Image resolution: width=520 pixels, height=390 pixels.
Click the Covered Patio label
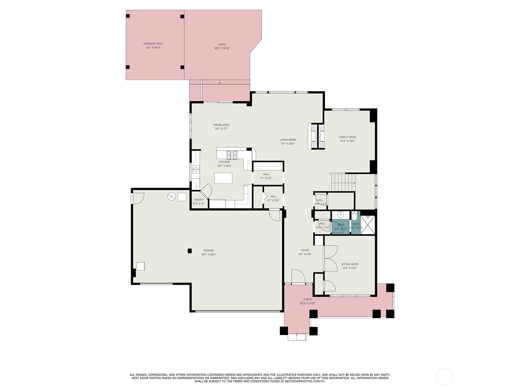click(x=153, y=44)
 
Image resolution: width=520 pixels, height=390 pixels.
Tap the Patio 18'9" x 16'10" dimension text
click(x=222, y=48)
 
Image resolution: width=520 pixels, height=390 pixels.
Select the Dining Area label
click(x=221, y=125)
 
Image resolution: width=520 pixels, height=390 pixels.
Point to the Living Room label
click(x=288, y=140)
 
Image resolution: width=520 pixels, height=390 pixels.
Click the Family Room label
click(x=347, y=137)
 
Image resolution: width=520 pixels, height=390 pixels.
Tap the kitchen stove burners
click(x=232, y=155)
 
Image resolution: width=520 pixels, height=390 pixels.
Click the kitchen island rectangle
click(x=223, y=178)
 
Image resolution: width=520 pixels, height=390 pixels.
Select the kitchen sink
click(x=196, y=169)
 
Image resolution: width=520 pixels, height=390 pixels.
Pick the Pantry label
click(x=199, y=200)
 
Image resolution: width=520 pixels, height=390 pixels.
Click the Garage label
click(x=209, y=251)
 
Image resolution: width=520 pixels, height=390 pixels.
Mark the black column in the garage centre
click(x=189, y=251)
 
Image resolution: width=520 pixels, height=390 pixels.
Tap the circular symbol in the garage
click(x=172, y=197)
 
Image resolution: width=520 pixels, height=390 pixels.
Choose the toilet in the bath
click(x=355, y=216)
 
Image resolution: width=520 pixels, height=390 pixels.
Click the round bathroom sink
click(x=340, y=215)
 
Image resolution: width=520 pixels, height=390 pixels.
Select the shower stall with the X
click(x=368, y=225)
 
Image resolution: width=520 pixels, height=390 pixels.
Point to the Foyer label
click(x=305, y=250)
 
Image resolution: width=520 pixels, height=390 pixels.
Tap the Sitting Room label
click(x=350, y=264)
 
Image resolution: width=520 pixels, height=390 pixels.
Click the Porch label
click(x=308, y=300)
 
